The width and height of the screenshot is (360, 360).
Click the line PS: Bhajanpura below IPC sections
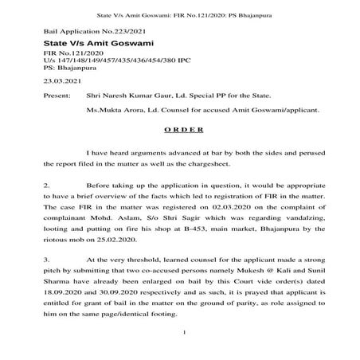74,68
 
